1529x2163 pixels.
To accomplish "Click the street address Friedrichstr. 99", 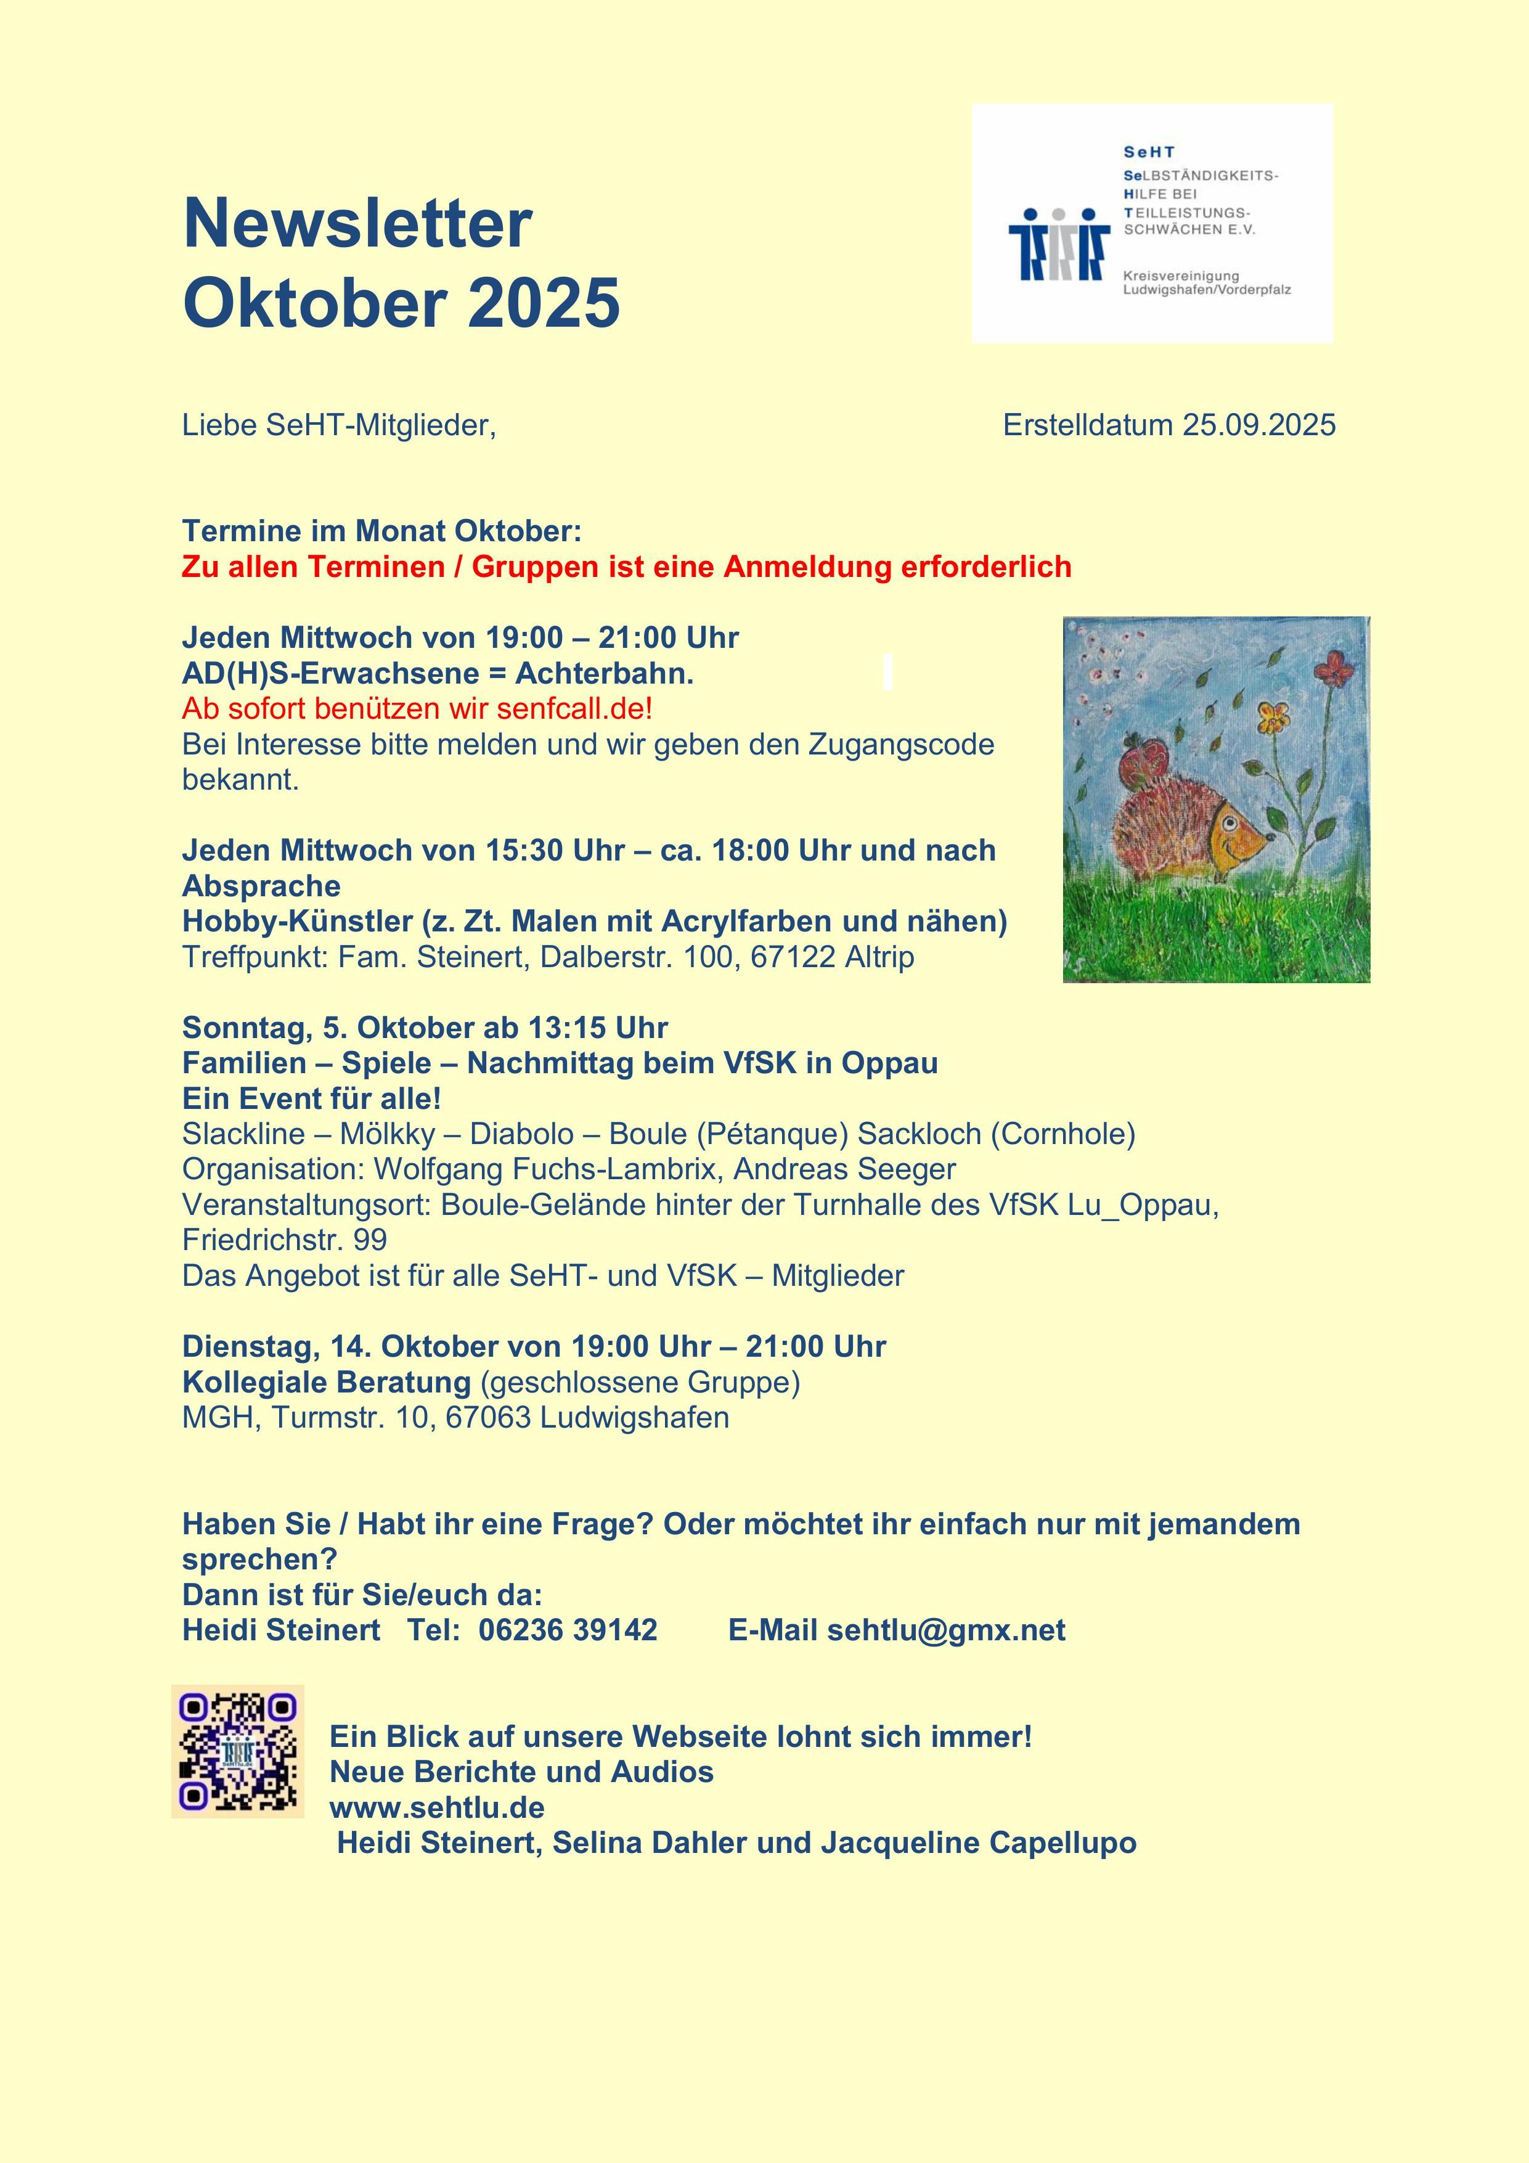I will click(285, 1240).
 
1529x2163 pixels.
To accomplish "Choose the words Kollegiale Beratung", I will click(326, 1382).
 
